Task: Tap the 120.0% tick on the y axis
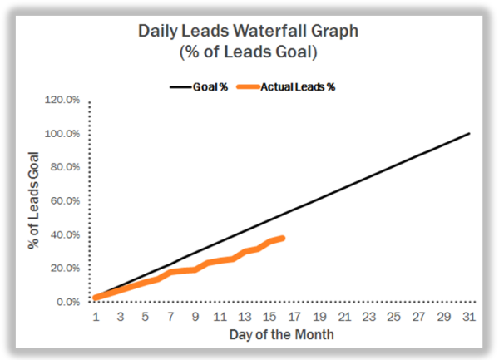62,100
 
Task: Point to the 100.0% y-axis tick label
62,134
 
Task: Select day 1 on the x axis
96,316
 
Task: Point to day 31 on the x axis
470,316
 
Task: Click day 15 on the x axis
270,316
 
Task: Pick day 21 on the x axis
345,316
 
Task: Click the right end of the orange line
283,239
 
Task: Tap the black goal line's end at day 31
470,133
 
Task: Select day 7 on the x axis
170,316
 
